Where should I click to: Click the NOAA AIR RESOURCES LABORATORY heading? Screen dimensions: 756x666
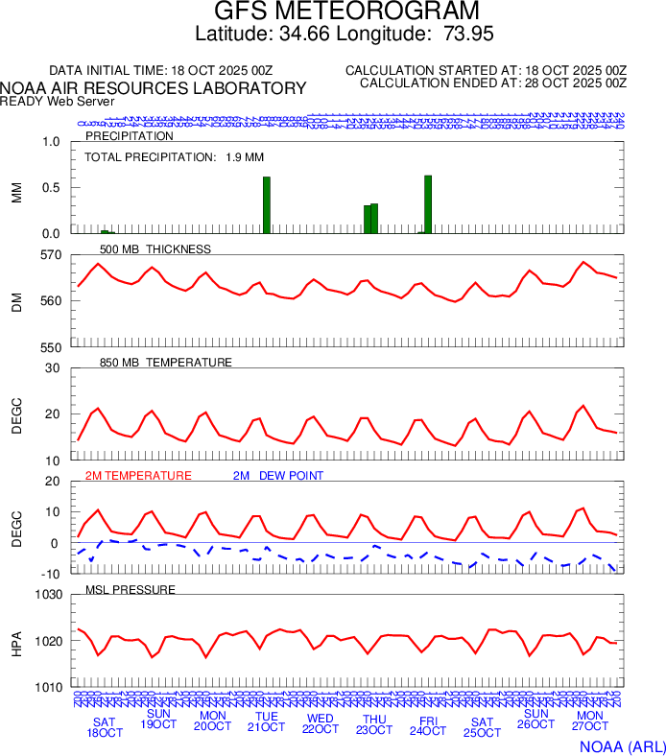pos(154,88)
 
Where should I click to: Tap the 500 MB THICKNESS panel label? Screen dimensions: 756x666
pos(155,249)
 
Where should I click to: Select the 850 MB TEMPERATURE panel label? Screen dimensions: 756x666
pos(166,363)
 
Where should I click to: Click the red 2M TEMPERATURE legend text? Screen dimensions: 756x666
pos(138,476)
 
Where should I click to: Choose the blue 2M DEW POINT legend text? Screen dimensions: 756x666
pos(278,476)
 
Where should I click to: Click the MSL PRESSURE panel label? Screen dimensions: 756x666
pos(131,589)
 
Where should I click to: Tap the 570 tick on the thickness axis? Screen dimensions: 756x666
pos(50,255)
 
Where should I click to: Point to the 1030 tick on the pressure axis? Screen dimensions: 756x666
pos(47,595)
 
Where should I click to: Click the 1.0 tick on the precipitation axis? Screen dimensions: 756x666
pos(51,142)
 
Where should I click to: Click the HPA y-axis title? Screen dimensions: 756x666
pos(17,642)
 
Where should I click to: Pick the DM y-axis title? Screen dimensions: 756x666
pos(17,301)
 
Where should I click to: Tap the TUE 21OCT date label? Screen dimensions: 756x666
pos(266,721)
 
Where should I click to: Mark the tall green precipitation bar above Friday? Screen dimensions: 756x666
pos(428,204)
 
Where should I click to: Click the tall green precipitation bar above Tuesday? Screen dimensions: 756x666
pos(267,204)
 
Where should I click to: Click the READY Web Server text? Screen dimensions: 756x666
pos(58,101)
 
